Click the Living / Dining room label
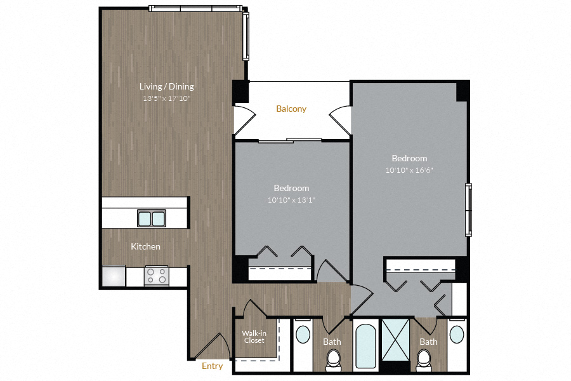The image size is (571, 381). pos(167,86)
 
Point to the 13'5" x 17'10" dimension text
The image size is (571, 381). pos(167,98)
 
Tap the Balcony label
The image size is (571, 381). pos(291,109)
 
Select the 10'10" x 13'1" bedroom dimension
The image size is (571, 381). pos(291,200)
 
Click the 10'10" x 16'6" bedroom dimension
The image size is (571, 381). pos(409,170)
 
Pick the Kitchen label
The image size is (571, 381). pos(145,246)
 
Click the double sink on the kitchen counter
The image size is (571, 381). pos(152,218)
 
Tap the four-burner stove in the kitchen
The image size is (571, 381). pos(156,276)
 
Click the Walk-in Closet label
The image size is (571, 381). pos(254,337)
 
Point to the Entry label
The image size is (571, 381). pos(212,366)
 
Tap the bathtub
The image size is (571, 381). pos(365,346)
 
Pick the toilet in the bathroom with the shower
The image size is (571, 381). pos(425,361)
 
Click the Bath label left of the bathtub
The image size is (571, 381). pos(332,342)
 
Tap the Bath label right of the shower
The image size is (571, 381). pos(428,342)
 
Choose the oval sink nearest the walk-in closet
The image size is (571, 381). pos(302,335)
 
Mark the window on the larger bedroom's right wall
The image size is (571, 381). pos(469,210)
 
